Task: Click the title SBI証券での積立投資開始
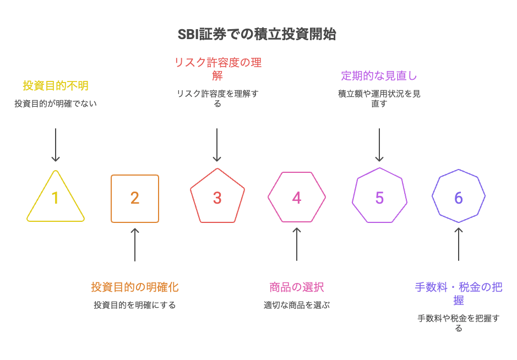[x=257, y=34]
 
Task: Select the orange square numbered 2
[x=135, y=198]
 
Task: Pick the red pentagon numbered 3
[x=217, y=198]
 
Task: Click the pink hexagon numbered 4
[x=297, y=198]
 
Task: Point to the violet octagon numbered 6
[x=459, y=198]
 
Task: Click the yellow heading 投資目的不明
[x=56, y=86]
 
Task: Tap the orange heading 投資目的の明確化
[x=135, y=287]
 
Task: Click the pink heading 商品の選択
[x=297, y=287]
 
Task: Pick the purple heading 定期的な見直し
[x=379, y=75]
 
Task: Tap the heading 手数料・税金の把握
[x=459, y=293]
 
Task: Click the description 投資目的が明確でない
[x=56, y=103]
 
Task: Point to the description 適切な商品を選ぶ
[x=297, y=304]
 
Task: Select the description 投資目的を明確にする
[x=135, y=304]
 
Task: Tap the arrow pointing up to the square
[x=135, y=244]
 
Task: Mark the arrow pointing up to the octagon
[x=459, y=244]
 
